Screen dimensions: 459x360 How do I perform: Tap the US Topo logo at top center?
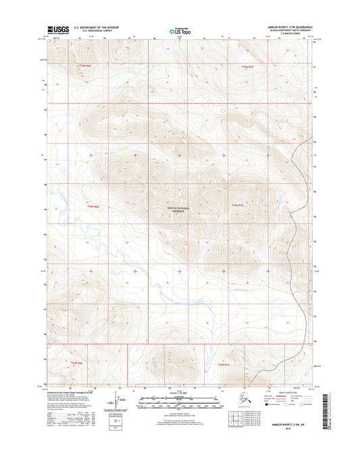coord(178,30)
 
